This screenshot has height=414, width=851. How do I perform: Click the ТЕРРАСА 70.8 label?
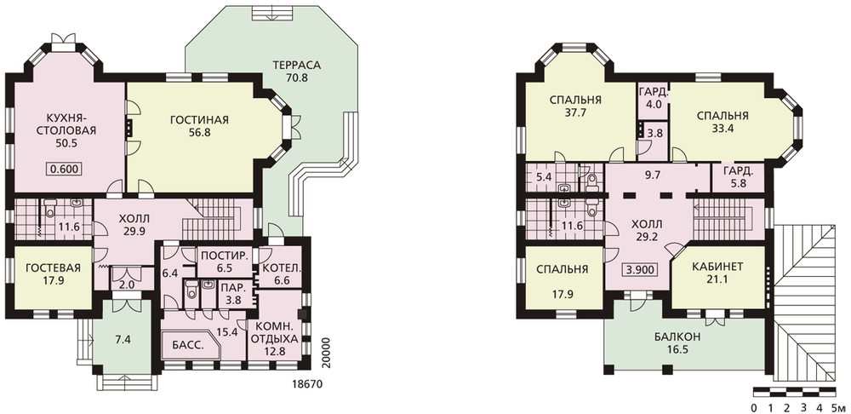296,72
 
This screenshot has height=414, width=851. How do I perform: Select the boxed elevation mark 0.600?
66,169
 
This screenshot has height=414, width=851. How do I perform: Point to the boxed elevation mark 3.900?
642,269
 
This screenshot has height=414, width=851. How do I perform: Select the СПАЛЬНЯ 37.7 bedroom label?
574,106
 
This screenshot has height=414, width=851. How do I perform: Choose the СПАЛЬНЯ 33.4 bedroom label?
722,123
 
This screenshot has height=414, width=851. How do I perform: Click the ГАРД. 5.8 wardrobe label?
739,177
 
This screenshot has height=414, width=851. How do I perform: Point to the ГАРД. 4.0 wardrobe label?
653,97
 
